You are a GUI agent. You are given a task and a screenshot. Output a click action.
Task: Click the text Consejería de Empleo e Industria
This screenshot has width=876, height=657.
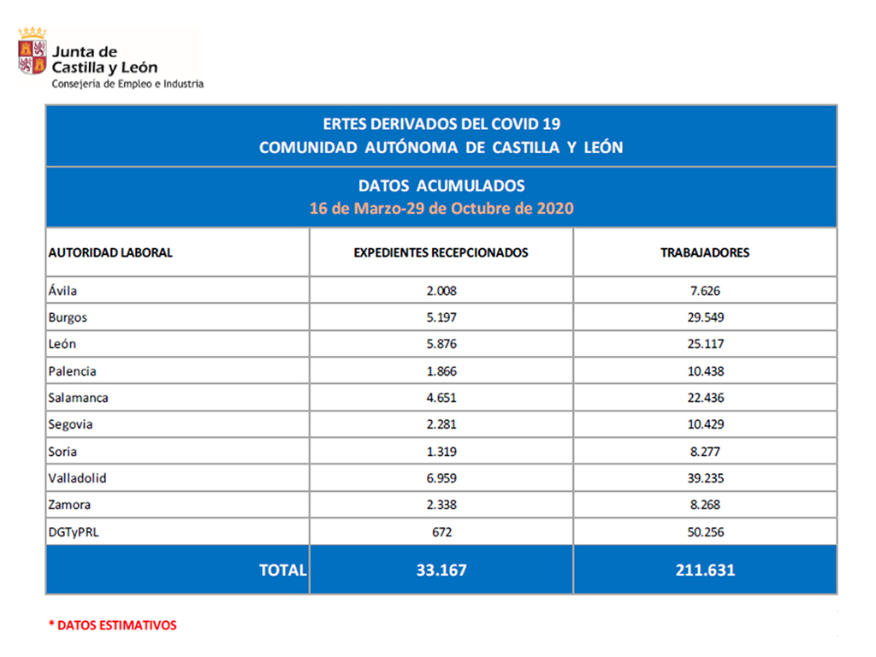127,84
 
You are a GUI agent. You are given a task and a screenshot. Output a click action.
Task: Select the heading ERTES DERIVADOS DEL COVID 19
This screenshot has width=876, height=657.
441,124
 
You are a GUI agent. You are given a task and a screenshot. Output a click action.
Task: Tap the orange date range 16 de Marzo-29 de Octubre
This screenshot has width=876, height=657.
441,208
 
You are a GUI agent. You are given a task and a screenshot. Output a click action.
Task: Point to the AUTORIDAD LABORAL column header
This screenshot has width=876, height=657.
110,252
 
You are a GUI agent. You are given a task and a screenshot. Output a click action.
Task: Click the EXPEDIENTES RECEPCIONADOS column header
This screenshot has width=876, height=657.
441,252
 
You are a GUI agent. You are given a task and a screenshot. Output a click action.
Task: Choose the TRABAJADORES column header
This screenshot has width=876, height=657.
705,252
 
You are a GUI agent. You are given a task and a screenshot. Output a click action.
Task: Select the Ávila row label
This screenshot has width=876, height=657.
62,291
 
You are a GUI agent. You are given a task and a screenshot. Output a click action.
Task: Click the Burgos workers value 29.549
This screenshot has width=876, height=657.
705,317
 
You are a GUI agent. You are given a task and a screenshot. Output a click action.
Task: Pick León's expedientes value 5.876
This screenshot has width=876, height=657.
441,344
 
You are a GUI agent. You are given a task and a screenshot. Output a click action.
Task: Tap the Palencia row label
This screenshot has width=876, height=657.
72,371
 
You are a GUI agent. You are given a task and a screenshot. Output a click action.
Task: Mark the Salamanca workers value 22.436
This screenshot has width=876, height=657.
705,398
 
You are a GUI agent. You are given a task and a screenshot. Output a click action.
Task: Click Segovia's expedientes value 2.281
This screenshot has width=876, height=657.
441,424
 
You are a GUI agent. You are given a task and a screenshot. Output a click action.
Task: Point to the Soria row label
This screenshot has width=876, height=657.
62,452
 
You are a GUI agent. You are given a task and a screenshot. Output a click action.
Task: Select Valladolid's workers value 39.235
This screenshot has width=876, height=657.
705,478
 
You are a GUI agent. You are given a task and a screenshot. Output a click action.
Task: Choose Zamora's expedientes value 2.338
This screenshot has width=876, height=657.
441,505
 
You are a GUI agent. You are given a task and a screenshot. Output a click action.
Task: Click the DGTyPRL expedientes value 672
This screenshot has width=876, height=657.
441,532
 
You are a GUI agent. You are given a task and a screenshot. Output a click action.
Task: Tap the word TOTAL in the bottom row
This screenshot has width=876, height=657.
282,570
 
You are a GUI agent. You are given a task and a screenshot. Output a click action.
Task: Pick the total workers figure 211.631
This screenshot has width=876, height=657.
705,570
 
